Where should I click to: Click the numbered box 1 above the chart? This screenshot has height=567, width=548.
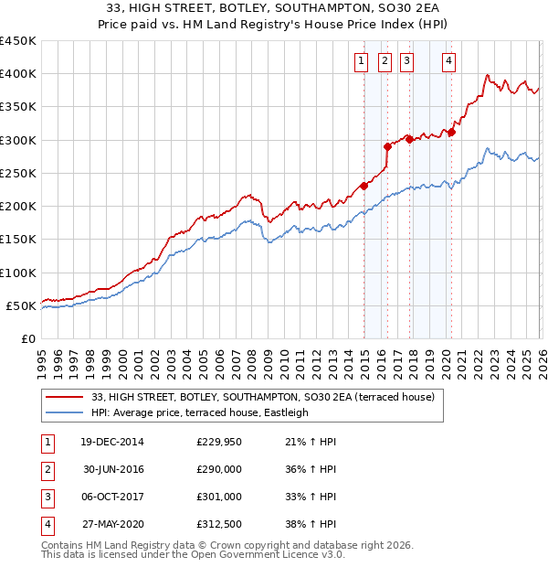(361, 61)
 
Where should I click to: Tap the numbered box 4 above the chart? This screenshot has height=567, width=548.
(449, 61)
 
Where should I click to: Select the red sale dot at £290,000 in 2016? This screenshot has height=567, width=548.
(387, 146)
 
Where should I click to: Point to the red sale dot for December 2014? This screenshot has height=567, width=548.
(364, 186)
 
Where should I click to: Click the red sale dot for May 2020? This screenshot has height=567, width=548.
(451, 132)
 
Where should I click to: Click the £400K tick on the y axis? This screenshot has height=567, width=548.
(18, 74)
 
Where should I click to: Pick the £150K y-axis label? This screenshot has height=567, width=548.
(18, 240)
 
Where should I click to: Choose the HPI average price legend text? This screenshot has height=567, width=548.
(200, 412)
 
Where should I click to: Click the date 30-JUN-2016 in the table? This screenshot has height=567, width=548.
(112, 468)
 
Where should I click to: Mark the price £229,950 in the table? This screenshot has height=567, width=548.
(219, 441)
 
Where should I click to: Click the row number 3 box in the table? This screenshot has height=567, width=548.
(46, 497)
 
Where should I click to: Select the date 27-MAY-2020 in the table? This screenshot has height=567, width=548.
(112, 524)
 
